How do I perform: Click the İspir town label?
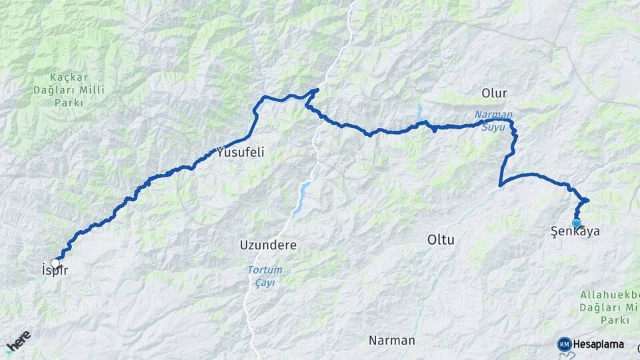click(55, 270)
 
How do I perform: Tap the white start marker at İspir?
click(55, 263)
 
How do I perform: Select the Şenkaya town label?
click(575, 232)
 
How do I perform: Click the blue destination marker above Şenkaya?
click(577, 223)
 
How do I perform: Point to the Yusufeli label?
click(241, 152)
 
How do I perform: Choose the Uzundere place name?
click(268, 245)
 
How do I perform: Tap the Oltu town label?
click(441, 239)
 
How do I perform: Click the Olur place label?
click(494, 93)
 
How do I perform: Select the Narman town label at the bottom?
click(392, 340)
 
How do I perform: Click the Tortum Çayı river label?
click(265, 276)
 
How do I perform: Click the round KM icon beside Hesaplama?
click(564, 344)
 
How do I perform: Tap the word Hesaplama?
click(599, 344)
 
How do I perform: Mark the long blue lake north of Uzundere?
click(301, 197)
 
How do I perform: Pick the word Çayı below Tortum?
click(265, 283)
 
